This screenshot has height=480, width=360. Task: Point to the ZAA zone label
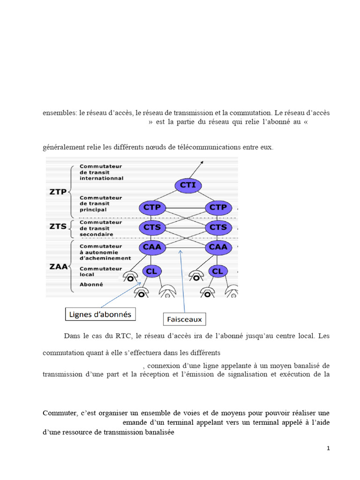[58, 267]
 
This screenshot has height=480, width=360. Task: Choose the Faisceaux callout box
[184, 320]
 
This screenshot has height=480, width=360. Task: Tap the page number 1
[328, 449]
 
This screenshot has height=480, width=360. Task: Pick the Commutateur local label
[100, 271]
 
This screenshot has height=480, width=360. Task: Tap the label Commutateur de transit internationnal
[101, 172]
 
